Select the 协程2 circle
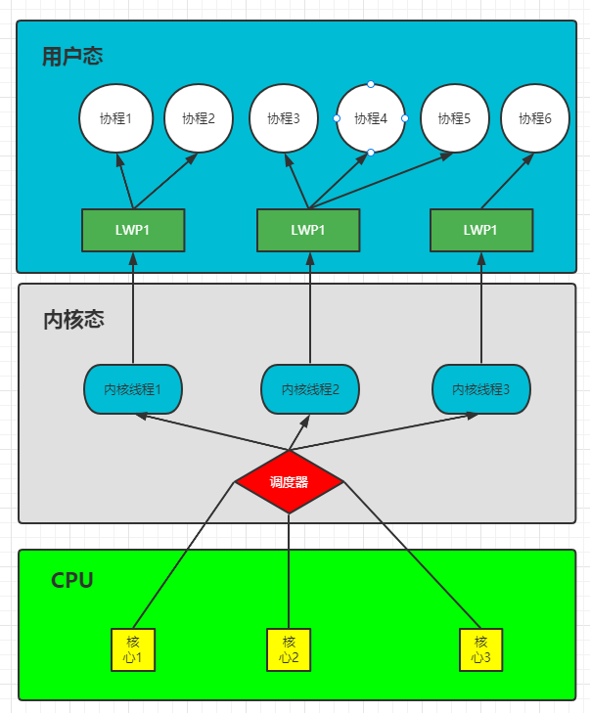[x=198, y=118]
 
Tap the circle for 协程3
[x=283, y=118]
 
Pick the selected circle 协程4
[x=371, y=118]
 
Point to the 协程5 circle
[x=454, y=118]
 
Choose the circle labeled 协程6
[x=535, y=118]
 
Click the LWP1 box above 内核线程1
[x=132, y=230]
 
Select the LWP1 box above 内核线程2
[x=307, y=230]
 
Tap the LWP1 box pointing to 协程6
[x=480, y=230]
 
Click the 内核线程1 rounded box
[x=132, y=388]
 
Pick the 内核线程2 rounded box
[x=309, y=389]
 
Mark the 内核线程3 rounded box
[x=480, y=389]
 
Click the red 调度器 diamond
[x=289, y=481]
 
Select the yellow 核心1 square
[x=133, y=649]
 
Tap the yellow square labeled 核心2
[x=289, y=649]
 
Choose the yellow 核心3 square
[x=481, y=649]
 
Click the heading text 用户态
[x=72, y=56]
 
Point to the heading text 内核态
[x=74, y=319]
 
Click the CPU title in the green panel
[x=72, y=580]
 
